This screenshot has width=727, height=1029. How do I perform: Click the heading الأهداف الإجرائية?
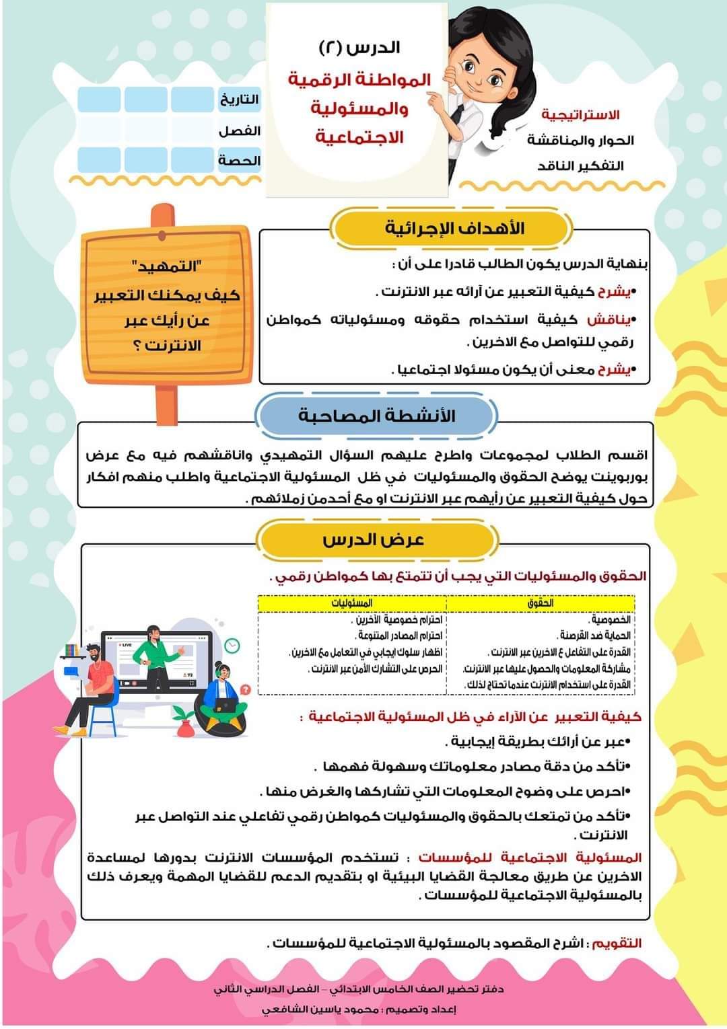tap(455, 228)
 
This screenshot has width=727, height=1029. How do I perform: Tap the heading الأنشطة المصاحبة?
tap(376, 415)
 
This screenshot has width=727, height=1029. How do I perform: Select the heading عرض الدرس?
tap(373, 539)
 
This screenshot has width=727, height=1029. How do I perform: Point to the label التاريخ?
tap(239, 100)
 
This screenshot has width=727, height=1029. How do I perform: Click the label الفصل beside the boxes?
tap(239, 130)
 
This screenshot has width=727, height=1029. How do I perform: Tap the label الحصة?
tap(239, 161)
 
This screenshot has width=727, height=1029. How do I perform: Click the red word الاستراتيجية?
tap(580, 114)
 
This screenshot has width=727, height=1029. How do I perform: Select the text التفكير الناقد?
tap(580, 165)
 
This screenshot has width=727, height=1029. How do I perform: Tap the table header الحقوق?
tap(541, 603)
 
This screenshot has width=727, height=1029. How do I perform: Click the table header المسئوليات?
tap(351, 603)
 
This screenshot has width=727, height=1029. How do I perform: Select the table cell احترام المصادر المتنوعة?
tap(399, 636)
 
